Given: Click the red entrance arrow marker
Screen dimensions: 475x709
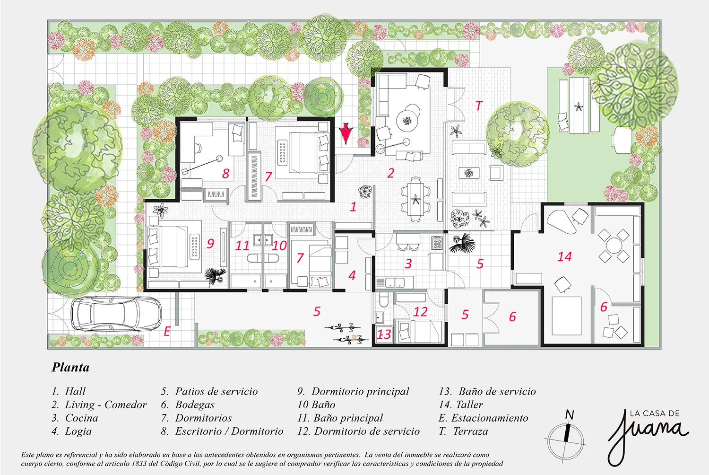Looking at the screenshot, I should coord(346,134).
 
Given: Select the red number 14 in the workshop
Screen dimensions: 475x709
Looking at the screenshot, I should coord(564,257).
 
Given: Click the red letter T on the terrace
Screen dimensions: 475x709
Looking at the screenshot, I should coord(479,106).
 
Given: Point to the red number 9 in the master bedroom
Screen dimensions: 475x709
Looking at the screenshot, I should coord(210,244).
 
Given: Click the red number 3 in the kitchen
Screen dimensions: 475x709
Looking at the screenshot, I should coord(408,264).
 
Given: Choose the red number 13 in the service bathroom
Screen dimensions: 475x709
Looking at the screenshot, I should coord(384,334).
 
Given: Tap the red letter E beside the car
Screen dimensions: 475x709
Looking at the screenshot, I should coord(167,332).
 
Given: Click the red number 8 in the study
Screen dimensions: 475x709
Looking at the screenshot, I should coord(226,174).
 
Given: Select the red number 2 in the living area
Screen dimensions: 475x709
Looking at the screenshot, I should coord(390,173).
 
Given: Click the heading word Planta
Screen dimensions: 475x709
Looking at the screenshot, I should coord(70,367).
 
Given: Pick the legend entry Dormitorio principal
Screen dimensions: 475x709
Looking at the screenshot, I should coord(360,392).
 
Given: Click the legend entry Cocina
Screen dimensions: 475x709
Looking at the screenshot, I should coord(81,418).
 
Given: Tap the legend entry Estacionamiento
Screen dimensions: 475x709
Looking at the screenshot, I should coord(489,418).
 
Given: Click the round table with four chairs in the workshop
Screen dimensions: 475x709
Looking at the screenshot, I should coord(614,245).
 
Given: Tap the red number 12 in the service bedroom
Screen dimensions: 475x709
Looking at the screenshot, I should coord(420,312).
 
